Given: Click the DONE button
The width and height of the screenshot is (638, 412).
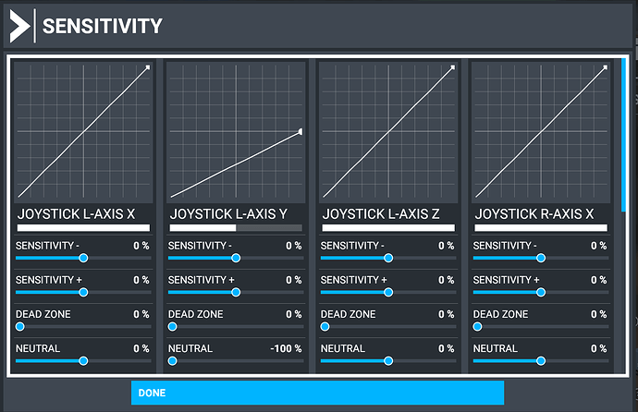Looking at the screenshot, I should click(317, 393).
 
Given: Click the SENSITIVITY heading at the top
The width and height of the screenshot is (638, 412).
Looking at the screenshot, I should click(102, 26).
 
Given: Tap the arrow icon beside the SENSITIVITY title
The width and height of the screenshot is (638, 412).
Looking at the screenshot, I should click(18, 27).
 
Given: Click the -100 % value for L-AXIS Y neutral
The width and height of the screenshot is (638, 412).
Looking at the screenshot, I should click(287, 348).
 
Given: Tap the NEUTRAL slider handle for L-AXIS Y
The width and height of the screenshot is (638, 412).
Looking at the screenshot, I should click(172, 361).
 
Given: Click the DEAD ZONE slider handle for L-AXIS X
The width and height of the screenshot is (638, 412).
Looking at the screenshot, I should click(19, 326).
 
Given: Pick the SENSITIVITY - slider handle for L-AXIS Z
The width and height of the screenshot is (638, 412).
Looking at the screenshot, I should click(388, 258).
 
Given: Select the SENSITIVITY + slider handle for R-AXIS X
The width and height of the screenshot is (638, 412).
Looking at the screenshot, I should click(541, 292).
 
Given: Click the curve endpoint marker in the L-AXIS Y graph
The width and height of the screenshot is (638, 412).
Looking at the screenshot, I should click(300, 132).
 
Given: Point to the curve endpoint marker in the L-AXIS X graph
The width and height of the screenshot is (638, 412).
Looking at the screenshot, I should click(147, 67).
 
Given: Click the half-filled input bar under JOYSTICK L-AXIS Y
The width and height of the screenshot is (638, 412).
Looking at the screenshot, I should click(236, 227).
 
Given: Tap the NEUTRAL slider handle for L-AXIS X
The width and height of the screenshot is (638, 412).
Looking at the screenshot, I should click(83, 361).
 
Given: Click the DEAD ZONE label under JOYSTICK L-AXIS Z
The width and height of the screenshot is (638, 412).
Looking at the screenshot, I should click(348, 314).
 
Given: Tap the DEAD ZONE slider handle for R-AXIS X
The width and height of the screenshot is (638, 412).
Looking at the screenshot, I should click(477, 326).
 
